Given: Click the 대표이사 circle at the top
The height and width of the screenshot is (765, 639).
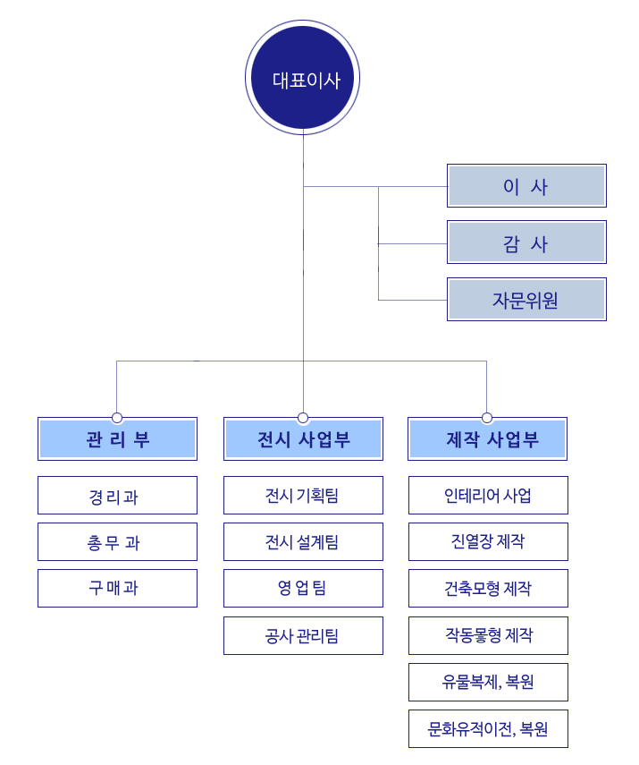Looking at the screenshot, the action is coord(303,78).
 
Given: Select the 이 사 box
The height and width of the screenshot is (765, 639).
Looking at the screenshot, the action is coord(526,186).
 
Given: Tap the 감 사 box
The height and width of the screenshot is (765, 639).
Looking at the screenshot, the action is coord(526,242).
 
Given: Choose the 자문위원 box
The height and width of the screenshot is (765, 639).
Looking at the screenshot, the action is coord(526,299).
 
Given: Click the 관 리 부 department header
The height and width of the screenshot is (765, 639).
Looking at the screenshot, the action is coord(117,438).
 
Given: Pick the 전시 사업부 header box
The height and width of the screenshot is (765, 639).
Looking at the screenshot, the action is coord(303,438).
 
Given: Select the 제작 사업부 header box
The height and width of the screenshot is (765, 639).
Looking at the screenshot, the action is coord(487,438).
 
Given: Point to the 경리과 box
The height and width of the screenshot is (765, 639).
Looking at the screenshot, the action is coord(117,495).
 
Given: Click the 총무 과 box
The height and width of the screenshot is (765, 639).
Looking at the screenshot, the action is coord(117,541).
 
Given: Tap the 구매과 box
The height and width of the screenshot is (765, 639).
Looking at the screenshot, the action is coord(117,588).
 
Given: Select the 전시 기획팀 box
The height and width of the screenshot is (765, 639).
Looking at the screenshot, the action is coord(303,495).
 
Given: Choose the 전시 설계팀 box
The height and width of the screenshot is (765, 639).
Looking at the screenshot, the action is coord(303,541).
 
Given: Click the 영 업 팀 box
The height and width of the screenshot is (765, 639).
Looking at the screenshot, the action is coord(303,588).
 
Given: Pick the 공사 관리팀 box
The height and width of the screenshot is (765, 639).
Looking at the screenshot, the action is coord(303,635).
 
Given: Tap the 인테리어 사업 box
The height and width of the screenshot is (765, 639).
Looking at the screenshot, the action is coord(488,495).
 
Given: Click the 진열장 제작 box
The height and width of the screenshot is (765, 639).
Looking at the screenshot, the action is coord(488,541).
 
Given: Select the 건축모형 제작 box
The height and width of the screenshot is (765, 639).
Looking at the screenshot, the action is coord(488,588).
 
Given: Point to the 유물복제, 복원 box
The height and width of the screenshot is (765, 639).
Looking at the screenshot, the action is coord(488,682).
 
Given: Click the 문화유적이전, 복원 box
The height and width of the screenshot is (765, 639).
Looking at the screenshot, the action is coord(488,728).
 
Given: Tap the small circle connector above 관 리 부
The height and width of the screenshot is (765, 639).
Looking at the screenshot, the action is coord(117,418).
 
